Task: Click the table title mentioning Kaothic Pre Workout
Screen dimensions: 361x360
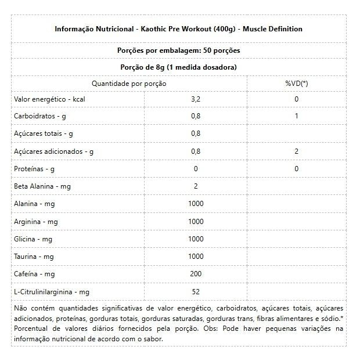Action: point(178,28)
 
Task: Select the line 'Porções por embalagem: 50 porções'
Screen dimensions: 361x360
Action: point(178,50)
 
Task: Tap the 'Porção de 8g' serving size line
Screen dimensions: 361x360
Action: point(178,67)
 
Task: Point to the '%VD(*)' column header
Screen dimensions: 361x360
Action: point(296,84)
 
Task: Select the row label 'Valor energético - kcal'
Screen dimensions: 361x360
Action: point(49,99)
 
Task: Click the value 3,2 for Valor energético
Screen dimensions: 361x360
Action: point(195,99)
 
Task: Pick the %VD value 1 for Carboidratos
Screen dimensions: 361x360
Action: point(296,116)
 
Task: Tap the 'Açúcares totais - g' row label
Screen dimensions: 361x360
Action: point(43,133)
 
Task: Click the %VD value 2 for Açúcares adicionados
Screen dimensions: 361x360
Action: point(296,151)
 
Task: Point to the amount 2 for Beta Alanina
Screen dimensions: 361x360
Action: point(196,186)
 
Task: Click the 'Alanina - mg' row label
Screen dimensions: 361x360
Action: point(34,204)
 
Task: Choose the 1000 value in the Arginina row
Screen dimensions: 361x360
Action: point(196,222)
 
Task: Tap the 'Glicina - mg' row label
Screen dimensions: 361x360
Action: point(33,239)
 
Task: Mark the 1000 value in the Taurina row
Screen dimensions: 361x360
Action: point(196,257)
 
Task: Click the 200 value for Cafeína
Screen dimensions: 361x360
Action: point(196,274)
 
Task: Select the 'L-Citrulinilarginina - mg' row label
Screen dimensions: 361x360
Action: point(52,291)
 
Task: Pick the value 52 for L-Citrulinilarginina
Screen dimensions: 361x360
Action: point(196,291)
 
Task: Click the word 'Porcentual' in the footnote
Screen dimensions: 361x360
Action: point(32,328)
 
